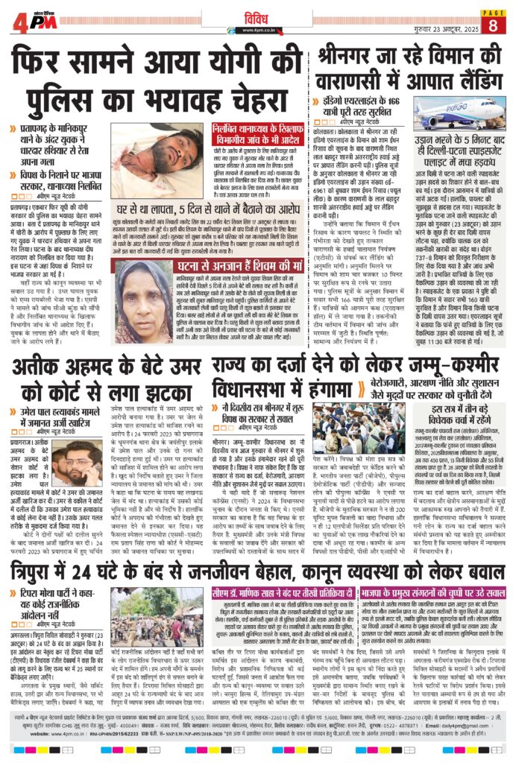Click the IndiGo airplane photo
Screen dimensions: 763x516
[459, 118]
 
